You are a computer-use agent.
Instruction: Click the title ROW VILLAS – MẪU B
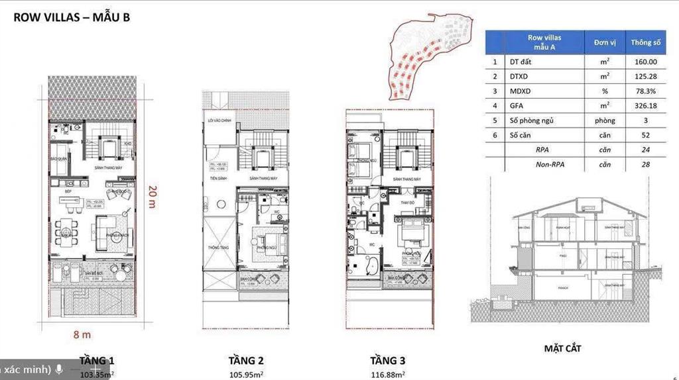tap(72, 17)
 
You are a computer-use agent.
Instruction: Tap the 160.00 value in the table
tap(645, 62)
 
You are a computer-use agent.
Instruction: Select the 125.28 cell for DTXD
tap(645, 76)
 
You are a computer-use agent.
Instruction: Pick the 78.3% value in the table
tap(645, 91)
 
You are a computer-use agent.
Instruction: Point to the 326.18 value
tap(645, 106)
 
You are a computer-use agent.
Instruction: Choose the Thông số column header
tap(646, 42)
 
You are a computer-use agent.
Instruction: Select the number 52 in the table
tap(645, 135)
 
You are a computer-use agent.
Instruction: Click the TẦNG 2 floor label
tap(246, 361)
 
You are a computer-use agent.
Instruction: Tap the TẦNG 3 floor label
tap(388, 361)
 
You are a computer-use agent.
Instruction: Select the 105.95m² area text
tap(246, 374)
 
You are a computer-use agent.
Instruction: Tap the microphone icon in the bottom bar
tap(59, 369)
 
